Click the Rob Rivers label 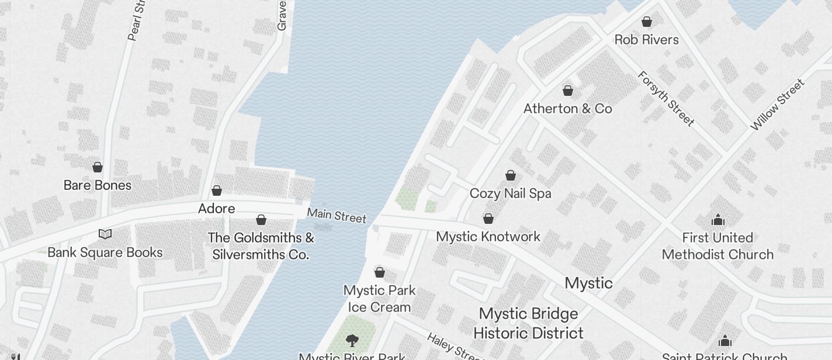(646, 40)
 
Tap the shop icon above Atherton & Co (567, 91)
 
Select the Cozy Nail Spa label (510, 193)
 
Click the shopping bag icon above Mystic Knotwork (488, 219)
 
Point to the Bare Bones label (97, 185)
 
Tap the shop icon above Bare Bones (98, 167)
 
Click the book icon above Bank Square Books (105, 234)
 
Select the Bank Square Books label (105, 252)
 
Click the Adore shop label (216, 209)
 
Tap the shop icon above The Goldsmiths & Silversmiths (261, 220)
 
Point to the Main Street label (337, 215)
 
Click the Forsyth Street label (665, 98)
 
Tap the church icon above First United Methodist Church (717, 220)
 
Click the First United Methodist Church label (717, 246)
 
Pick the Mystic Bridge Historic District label (528, 323)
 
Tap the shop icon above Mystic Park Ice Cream (379, 272)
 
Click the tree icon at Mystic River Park (352, 340)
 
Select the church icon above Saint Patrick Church (724, 341)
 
